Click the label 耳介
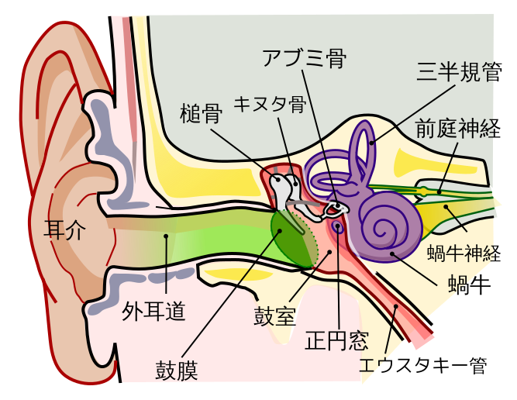point(64,229)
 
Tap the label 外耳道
point(153,311)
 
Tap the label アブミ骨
point(304,58)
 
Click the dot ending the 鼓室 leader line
point(329,251)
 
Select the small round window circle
point(339,227)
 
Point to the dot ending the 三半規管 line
point(373,143)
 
